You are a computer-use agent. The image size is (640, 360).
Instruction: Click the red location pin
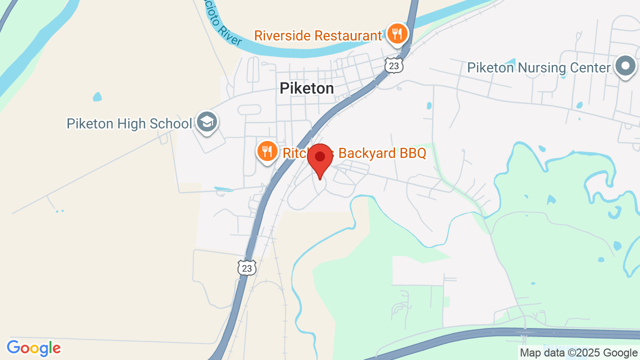coord(320,159)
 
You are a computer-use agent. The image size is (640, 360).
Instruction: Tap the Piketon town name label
coord(306,88)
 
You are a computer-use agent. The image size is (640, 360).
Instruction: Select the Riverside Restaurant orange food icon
coord(397,34)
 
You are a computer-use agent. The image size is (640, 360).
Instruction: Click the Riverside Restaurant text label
coord(317,36)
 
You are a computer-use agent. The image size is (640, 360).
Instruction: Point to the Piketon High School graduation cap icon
coord(206,121)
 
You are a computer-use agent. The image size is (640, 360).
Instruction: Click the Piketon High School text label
coord(129,123)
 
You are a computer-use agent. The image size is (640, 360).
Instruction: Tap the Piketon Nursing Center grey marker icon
coord(625,66)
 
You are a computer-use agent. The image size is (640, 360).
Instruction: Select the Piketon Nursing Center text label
coord(538,67)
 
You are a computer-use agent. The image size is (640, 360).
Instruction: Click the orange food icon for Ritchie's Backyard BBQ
coord(267,150)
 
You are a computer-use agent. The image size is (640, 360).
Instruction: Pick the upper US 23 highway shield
coord(394,65)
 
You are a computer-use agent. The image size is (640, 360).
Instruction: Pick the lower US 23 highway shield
coord(246,268)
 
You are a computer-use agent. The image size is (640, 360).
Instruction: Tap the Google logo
coord(33,348)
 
